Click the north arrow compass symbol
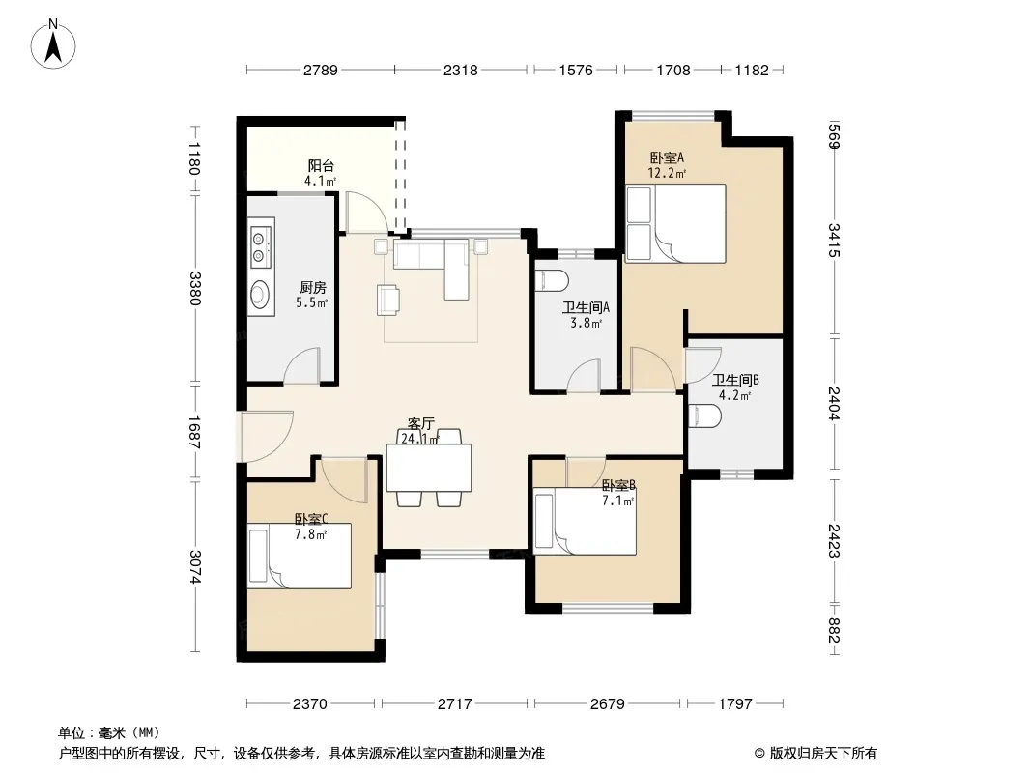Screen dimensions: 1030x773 tap(53, 44)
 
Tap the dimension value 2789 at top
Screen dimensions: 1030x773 tap(320, 70)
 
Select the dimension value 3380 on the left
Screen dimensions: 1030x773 tap(195, 288)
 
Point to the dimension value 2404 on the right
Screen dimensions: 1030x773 tap(833, 403)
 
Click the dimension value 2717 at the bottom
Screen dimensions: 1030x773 tap(454, 704)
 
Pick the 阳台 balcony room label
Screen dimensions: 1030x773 tap(321, 166)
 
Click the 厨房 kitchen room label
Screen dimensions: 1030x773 tap(313, 288)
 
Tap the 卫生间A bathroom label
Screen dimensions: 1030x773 tap(586, 307)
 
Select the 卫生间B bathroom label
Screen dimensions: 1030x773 tap(735, 380)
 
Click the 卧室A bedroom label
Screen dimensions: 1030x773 tap(667, 157)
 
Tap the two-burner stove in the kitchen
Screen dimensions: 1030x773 tap(260, 246)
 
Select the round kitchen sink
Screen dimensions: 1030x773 tap(261, 294)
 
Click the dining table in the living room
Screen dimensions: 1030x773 tap(429, 468)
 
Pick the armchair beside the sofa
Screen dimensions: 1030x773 tap(388, 300)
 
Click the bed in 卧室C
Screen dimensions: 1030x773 tap(300, 556)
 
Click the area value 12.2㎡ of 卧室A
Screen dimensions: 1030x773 tap(667, 173)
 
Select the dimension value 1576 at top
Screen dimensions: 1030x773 tap(576, 70)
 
